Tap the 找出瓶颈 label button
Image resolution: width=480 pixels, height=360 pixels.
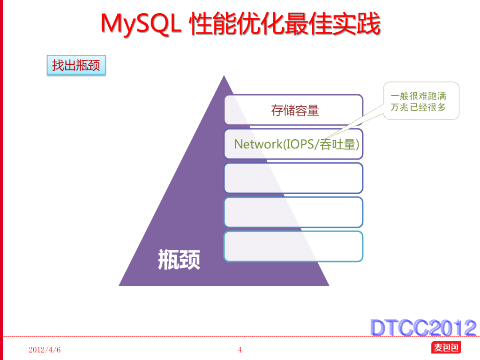click(x=76, y=65)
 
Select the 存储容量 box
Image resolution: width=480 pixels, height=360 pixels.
click(x=294, y=110)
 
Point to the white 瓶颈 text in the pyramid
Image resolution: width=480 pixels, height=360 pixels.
click(x=179, y=259)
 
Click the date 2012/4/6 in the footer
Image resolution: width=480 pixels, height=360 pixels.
click(x=45, y=350)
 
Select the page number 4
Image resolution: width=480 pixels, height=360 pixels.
click(x=240, y=350)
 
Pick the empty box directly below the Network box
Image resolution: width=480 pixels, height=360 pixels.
click(x=293, y=178)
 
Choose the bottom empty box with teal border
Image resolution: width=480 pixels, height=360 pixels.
click(x=293, y=246)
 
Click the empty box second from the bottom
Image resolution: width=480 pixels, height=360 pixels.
click(x=293, y=212)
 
